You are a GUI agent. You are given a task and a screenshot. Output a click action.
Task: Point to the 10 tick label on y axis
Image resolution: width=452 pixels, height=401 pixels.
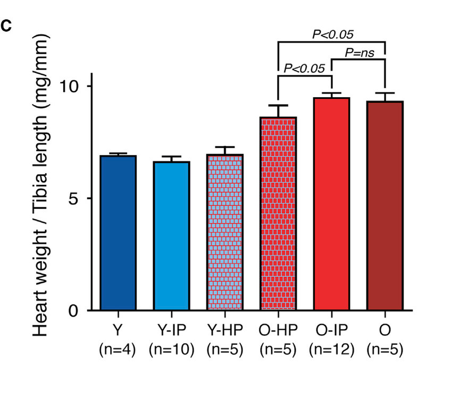(x=69, y=87)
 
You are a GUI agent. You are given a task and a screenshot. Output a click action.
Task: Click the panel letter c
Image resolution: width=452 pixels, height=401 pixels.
(x=7, y=26)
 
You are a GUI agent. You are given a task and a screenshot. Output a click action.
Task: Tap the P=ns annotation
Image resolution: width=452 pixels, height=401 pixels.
(x=359, y=53)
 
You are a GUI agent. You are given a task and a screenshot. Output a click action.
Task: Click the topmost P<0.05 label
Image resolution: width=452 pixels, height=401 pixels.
(x=333, y=35)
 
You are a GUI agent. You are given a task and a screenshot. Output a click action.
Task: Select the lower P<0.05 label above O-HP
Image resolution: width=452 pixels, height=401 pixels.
(x=304, y=68)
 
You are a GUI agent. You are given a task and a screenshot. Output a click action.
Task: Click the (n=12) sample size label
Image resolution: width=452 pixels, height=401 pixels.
(x=331, y=349)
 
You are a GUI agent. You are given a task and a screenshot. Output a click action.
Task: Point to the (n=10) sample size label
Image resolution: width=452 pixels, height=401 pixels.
(x=171, y=349)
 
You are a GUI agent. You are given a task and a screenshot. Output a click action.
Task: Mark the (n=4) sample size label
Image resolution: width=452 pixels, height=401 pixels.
(x=118, y=349)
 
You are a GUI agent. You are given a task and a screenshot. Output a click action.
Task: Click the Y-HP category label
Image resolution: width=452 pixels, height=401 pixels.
(x=224, y=330)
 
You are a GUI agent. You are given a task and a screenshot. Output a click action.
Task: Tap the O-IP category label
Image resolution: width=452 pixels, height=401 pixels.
(x=331, y=330)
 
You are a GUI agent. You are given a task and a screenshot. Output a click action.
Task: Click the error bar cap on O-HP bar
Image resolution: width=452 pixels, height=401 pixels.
(x=278, y=106)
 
